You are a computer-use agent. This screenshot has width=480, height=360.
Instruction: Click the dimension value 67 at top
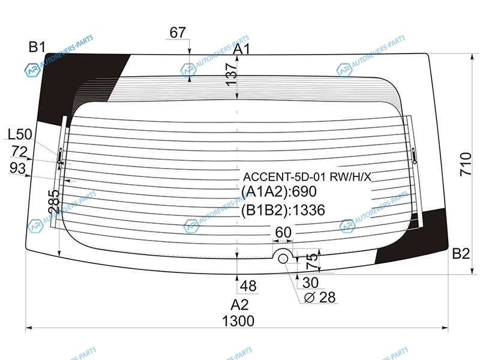click(x=178, y=32)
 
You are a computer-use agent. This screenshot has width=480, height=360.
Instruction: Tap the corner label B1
click(x=37, y=47)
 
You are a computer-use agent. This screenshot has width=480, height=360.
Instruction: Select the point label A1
click(x=242, y=49)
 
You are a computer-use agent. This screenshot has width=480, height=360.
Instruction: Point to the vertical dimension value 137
click(x=231, y=74)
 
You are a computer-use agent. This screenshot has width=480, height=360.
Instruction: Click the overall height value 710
click(x=466, y=164)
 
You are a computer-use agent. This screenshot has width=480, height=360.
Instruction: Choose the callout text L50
click(x=20, y=134)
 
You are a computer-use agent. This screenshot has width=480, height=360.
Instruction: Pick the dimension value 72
click(x=19, y=152)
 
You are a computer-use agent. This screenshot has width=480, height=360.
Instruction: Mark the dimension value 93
click(x=18, y=168)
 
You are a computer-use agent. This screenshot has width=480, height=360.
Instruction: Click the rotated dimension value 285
click(x=54, y=202)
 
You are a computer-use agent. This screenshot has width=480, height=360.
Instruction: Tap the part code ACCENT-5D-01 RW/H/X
click(x=307, y=177)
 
